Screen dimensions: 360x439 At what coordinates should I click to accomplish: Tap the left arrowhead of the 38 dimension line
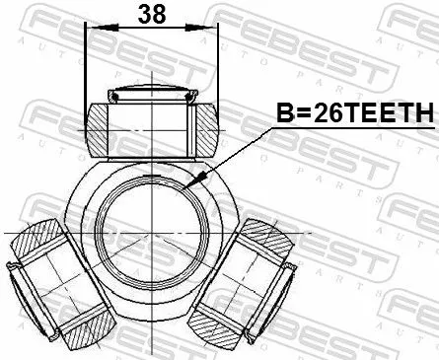point(92,31)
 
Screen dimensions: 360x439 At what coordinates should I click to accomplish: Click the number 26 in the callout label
point(313,114)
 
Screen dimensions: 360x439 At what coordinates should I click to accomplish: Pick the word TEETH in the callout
point(382,114)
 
